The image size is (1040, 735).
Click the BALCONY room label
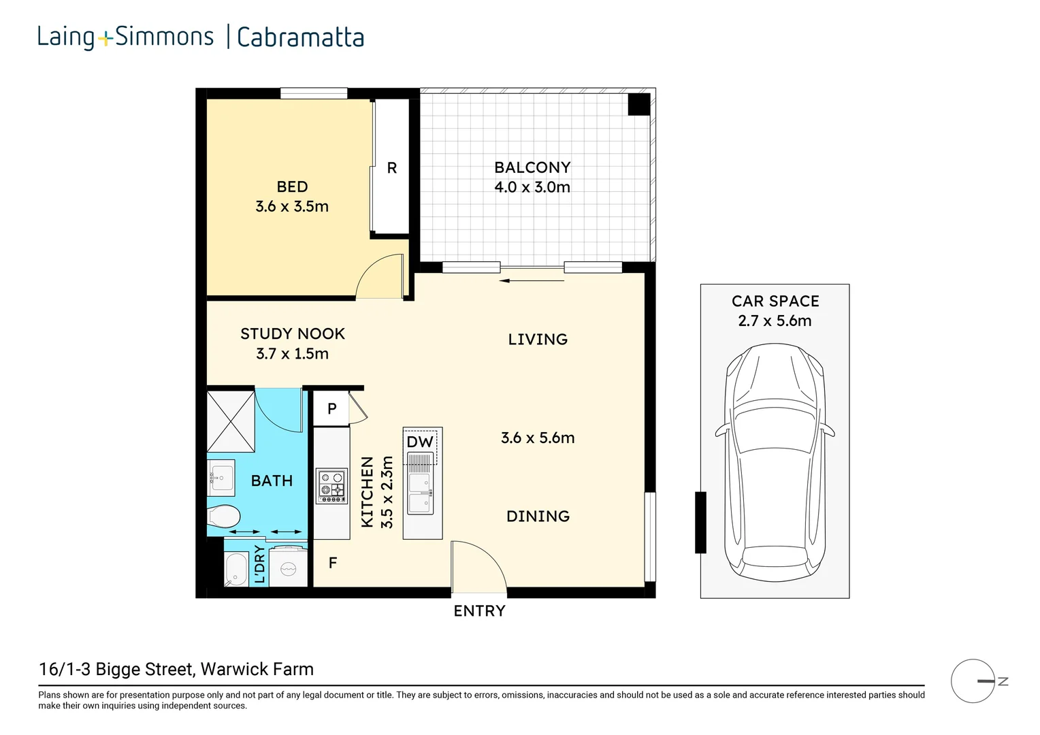point(532,167)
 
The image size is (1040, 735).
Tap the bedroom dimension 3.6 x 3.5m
point(292,207)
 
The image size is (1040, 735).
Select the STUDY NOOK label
point(293,333)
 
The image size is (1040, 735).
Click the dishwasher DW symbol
point(420,442)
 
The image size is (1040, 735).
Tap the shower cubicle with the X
point(231,421)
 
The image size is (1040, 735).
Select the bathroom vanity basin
point(221,478)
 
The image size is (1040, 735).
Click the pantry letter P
point(332,409)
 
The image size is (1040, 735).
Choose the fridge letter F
point(333,563)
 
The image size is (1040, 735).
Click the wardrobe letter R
point(392,168)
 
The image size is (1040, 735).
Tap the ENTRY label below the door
point(480,611)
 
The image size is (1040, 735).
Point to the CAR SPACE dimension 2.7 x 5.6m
point(775,321)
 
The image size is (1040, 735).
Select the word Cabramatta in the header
point(300,37)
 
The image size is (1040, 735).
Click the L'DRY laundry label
point(259,563)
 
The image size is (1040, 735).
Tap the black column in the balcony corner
point(638,104)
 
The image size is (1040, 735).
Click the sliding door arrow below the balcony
point(532,280)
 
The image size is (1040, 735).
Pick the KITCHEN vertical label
point(368,492)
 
